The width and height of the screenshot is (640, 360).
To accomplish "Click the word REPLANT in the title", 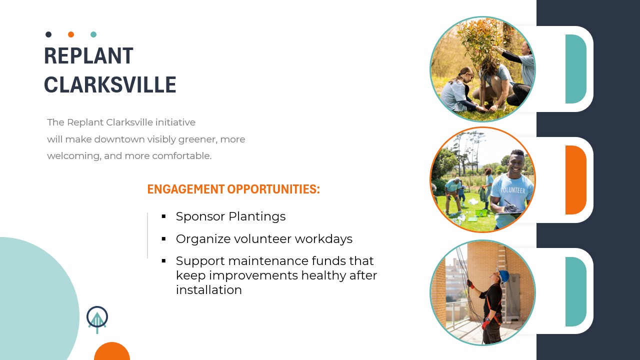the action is (88, 55).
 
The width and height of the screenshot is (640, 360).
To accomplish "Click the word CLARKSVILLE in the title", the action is (110, 85).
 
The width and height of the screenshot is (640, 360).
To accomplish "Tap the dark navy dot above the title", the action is (48, 34).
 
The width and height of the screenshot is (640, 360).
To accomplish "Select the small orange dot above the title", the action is (71, 34).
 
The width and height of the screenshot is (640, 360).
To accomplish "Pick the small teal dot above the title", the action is (93, 34).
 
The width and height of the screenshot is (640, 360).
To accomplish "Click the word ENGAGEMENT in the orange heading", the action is (186, 189).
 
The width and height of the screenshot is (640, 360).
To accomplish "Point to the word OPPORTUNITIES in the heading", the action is (273, 189).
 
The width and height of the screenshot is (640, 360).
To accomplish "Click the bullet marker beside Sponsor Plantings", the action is (163, 216).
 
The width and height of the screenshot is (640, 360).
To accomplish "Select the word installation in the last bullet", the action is (209, 289).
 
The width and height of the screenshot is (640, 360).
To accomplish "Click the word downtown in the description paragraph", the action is (119, 139).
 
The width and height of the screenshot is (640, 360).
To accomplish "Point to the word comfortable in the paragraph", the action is (181, 155).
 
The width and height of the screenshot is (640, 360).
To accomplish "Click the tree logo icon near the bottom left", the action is (97, 319).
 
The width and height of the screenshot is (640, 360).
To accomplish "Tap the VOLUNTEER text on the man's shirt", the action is (513, 190).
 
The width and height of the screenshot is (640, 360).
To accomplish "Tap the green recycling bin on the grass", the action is (481, 212).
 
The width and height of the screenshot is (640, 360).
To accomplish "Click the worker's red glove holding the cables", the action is (469, 284).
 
